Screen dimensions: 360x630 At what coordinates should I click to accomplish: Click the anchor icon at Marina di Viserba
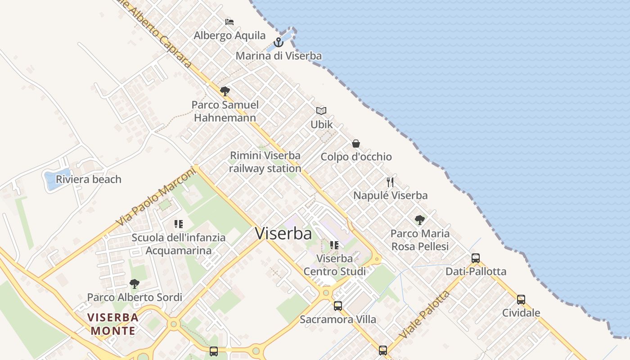tap(279, 42)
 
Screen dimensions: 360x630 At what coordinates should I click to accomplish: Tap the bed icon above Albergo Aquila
tap(229, 22)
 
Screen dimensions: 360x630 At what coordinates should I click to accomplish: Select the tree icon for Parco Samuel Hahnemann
tap(225, 91)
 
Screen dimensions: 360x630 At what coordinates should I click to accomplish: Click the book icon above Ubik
tap(321, 111)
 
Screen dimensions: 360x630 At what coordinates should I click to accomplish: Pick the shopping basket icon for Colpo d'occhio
tap(356, 144)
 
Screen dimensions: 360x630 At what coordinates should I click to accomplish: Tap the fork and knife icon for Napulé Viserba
tap(390, 182)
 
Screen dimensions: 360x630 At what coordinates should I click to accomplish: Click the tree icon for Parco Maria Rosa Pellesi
tap(420, 220)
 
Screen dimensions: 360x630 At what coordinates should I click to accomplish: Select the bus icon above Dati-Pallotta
tap(476, 258)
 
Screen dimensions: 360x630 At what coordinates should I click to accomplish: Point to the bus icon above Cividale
tap(521, 299)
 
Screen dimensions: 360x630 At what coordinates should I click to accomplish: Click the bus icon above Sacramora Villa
tap(337, 306)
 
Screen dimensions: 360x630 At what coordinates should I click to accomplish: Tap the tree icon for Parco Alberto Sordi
tap(134, 284)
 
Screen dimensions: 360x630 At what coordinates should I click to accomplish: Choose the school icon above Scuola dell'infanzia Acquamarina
tap(178, 224)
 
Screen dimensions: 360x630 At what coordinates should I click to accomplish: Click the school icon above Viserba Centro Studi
tap(334, 245)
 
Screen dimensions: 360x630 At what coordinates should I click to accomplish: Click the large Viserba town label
tap(283, 234)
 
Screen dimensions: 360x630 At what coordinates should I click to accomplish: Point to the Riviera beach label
tap(89, 179)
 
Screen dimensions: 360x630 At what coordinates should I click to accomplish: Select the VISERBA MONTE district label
tap(113, 324)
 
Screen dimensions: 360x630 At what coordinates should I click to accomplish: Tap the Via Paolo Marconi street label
tap(156, 197)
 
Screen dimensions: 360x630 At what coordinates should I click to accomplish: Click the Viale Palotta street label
tap(424, 315)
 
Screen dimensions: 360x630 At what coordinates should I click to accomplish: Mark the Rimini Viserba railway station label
tap(265, 162)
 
